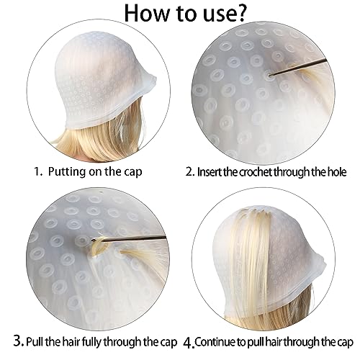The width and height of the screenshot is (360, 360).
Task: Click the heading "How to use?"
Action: (179, 15)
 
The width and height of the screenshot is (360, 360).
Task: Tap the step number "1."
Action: (37, 173)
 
